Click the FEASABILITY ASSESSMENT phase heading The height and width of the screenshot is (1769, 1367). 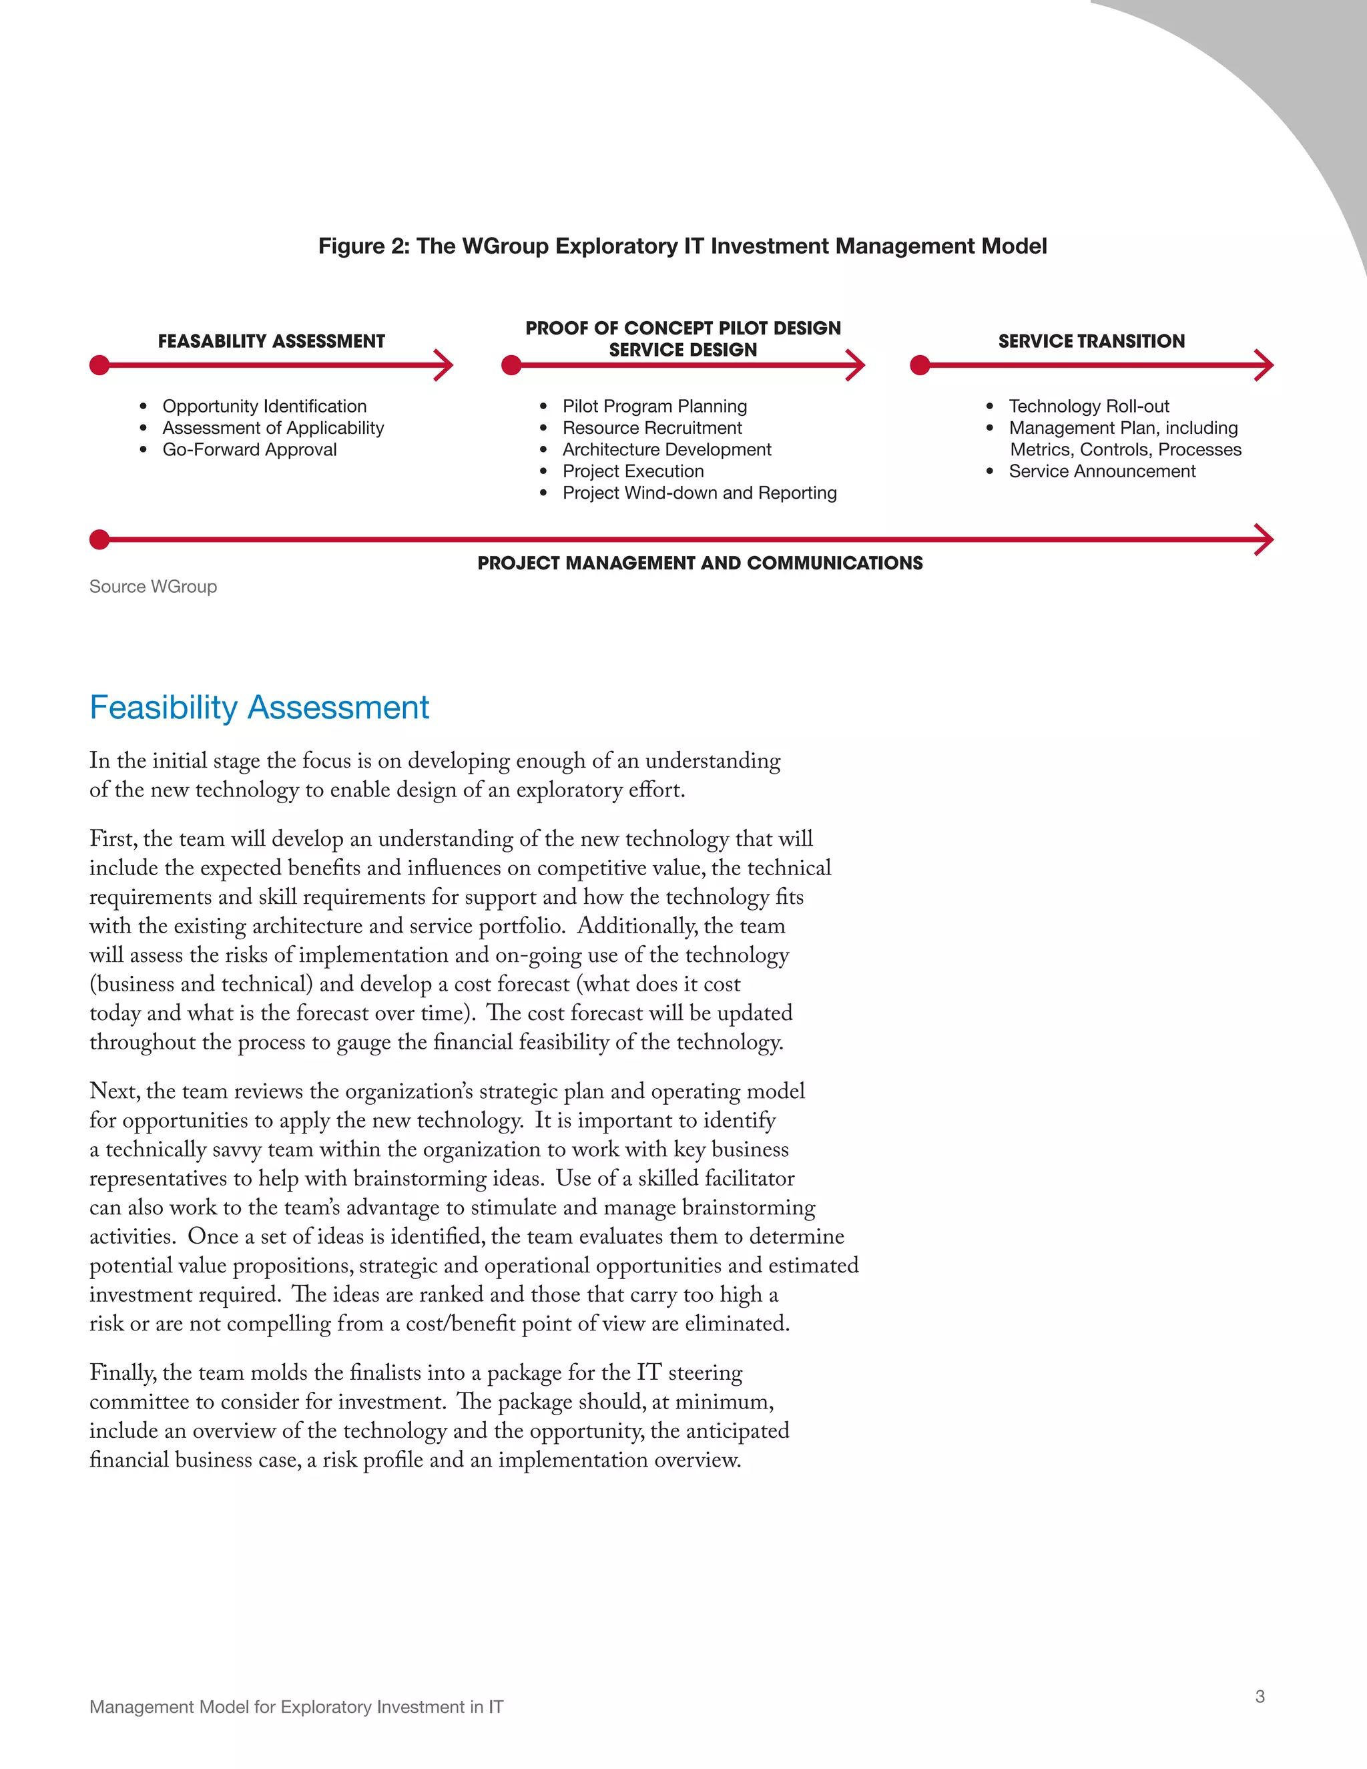pos(271,341)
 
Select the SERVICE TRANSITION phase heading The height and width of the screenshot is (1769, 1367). pos(1091,341)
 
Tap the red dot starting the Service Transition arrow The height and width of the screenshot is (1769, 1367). pos(920,365)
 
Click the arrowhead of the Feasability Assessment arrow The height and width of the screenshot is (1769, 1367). pos(445,365)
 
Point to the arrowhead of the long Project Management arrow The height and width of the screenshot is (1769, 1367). pos(1264,539)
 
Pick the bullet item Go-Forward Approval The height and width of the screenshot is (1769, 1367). pos(250,449)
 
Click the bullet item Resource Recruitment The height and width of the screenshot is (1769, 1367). pos(652,428)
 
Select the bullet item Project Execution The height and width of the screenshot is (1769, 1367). pos(633,471)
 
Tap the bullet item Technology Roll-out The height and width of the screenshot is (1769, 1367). pos(1089,407)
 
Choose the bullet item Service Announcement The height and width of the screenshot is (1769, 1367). pos(1101,471)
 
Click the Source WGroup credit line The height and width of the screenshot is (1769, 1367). pos(153,586)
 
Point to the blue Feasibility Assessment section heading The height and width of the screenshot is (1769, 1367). pos(259,707)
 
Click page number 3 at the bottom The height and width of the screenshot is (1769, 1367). pos(1260,1696)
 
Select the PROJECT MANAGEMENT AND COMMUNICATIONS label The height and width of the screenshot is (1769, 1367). pos(700,563)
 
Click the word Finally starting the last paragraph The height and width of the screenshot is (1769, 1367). pos(123,1373)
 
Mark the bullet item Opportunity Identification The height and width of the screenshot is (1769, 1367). pos(264,407)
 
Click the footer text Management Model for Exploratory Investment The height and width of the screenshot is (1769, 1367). pos(296,1707)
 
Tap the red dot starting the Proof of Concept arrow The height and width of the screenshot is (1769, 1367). pos(511,365)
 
